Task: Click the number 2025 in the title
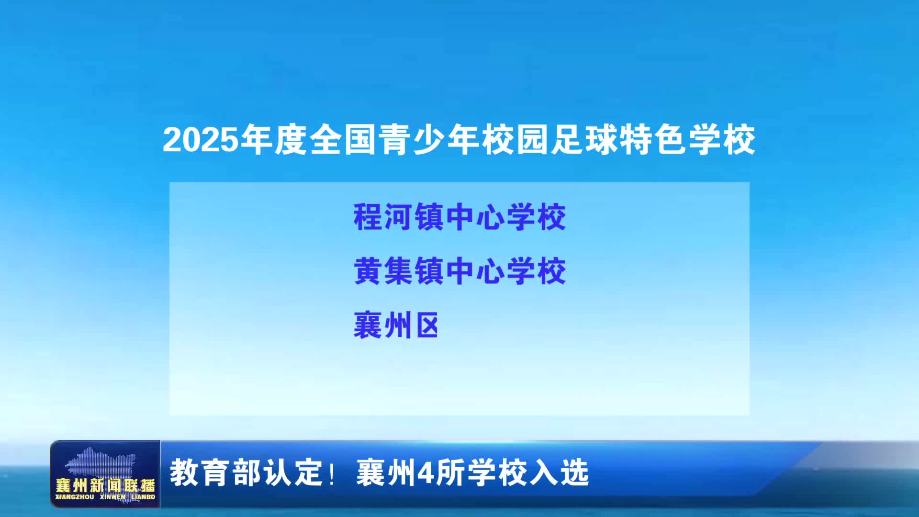tap(201, 140)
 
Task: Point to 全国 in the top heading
tap(343, 140)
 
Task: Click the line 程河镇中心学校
tap(460, 217)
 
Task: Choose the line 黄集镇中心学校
tap(460, 271)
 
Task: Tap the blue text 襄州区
tap(396, 326)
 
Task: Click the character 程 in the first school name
tap(368, 217)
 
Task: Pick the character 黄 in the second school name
tap(368, 271)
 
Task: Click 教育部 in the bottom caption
tap(216, 472)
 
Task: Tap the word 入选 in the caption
tap(559, 472)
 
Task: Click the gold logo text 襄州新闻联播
tap(105, 485)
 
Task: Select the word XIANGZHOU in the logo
tap(75, 497)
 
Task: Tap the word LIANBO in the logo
tap(143, 497)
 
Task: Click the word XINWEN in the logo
tap(112, 497)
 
